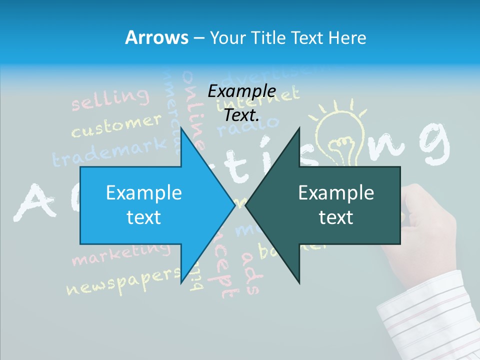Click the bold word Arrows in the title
point(156,37)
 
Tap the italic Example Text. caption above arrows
point(241,103)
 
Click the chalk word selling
point(110,98)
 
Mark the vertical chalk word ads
point(250,272)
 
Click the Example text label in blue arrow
point(144,205)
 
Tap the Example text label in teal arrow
point(336,205)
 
